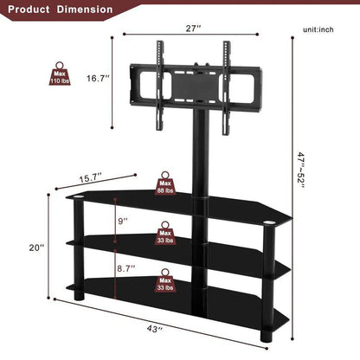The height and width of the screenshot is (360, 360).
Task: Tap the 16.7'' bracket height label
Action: click(97, 78)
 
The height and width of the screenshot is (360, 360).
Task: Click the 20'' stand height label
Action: click(35, 247)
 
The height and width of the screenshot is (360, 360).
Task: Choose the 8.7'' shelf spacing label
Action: click(126, 270)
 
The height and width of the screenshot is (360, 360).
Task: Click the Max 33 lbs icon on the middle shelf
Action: click(164, 234)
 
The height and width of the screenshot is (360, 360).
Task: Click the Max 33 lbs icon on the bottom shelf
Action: click(164, 282)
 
